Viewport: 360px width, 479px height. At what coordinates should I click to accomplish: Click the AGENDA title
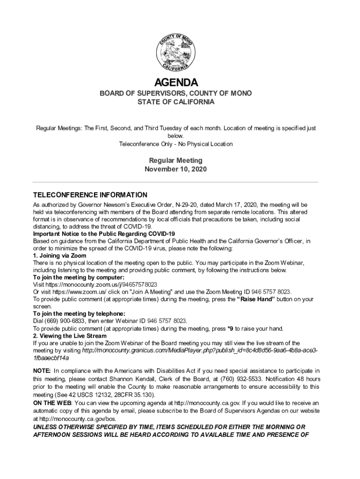tap(176, 83)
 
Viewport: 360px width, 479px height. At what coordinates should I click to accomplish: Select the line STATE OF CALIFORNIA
tap(176, 102)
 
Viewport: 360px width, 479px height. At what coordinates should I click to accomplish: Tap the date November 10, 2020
tap(175, 169)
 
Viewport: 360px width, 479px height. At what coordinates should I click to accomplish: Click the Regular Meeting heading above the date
tap(175, 160)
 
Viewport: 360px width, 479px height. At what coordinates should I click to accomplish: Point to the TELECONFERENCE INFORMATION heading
tap(90, 195)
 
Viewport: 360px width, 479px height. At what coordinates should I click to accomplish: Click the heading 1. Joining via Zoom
tap(59, 255)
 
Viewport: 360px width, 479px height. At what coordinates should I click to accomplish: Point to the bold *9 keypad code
tap(230, 328)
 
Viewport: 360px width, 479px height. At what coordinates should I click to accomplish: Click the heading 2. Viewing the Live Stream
tap(70, 336)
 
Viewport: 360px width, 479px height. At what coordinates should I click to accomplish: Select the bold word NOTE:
tap(42, 370)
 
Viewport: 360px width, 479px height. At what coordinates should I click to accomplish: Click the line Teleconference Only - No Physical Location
tap(175, 144)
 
